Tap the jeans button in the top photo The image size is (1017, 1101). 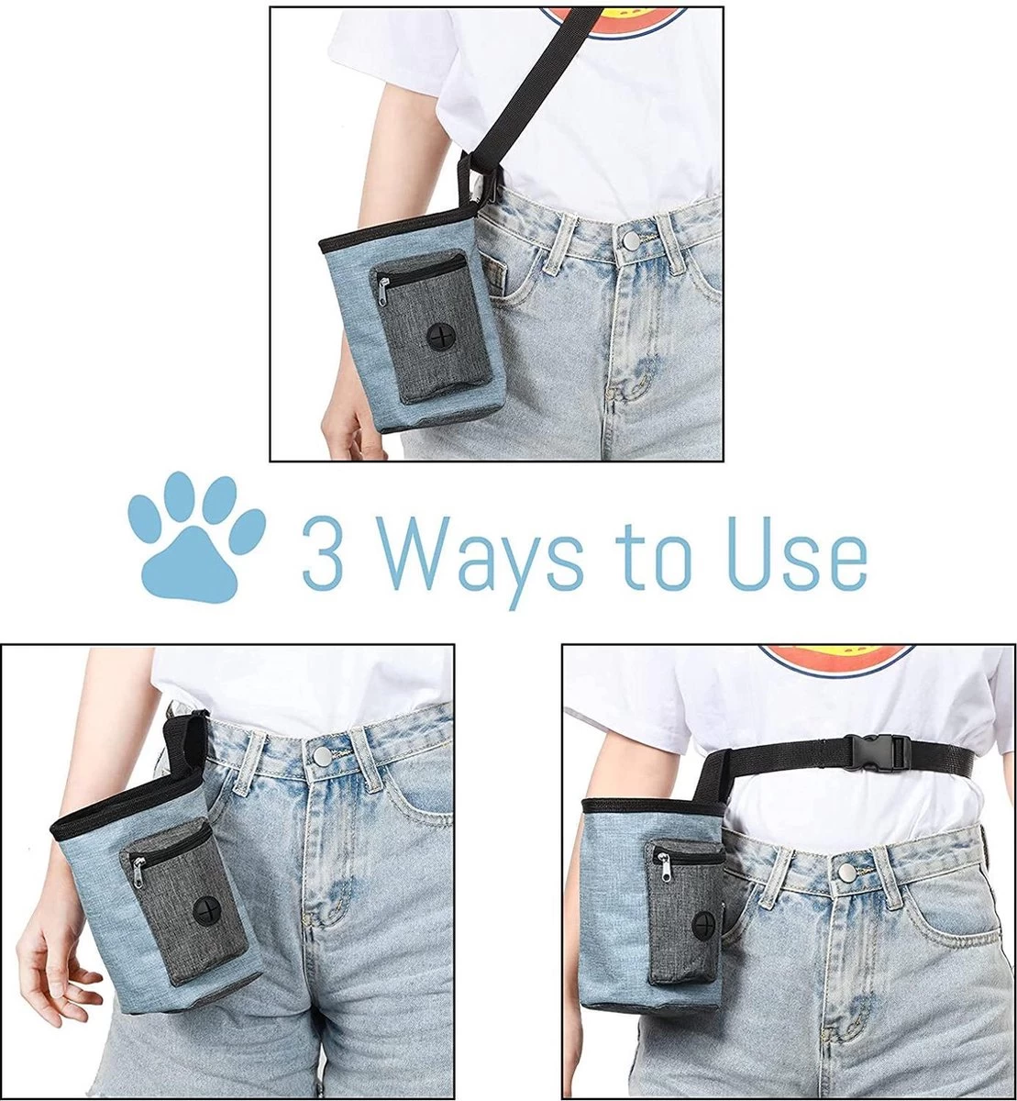click(x=631, y=239)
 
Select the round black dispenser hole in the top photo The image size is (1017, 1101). click(x=440, y=336)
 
